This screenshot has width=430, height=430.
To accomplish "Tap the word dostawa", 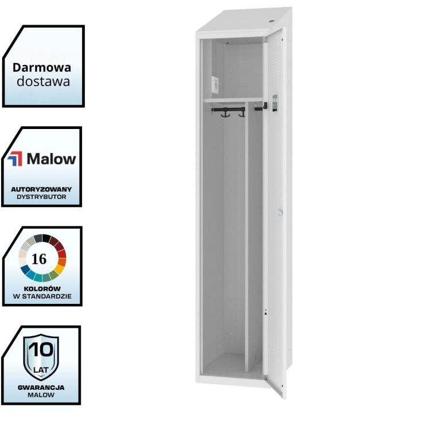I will coord(43,81).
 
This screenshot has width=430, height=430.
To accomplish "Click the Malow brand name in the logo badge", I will coord(51,159).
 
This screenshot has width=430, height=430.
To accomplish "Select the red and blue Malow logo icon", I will coord(15,159).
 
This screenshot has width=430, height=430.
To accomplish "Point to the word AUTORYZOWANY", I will coord(41,189).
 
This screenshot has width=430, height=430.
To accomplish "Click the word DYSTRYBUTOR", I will coord(41,197).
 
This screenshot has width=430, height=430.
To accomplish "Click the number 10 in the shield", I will coord(41,348).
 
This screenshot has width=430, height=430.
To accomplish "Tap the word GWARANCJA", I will coord(41,387).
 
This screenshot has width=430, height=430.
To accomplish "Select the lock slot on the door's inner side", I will coord(275,103).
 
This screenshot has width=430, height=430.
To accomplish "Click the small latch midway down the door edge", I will coord(280,212).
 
